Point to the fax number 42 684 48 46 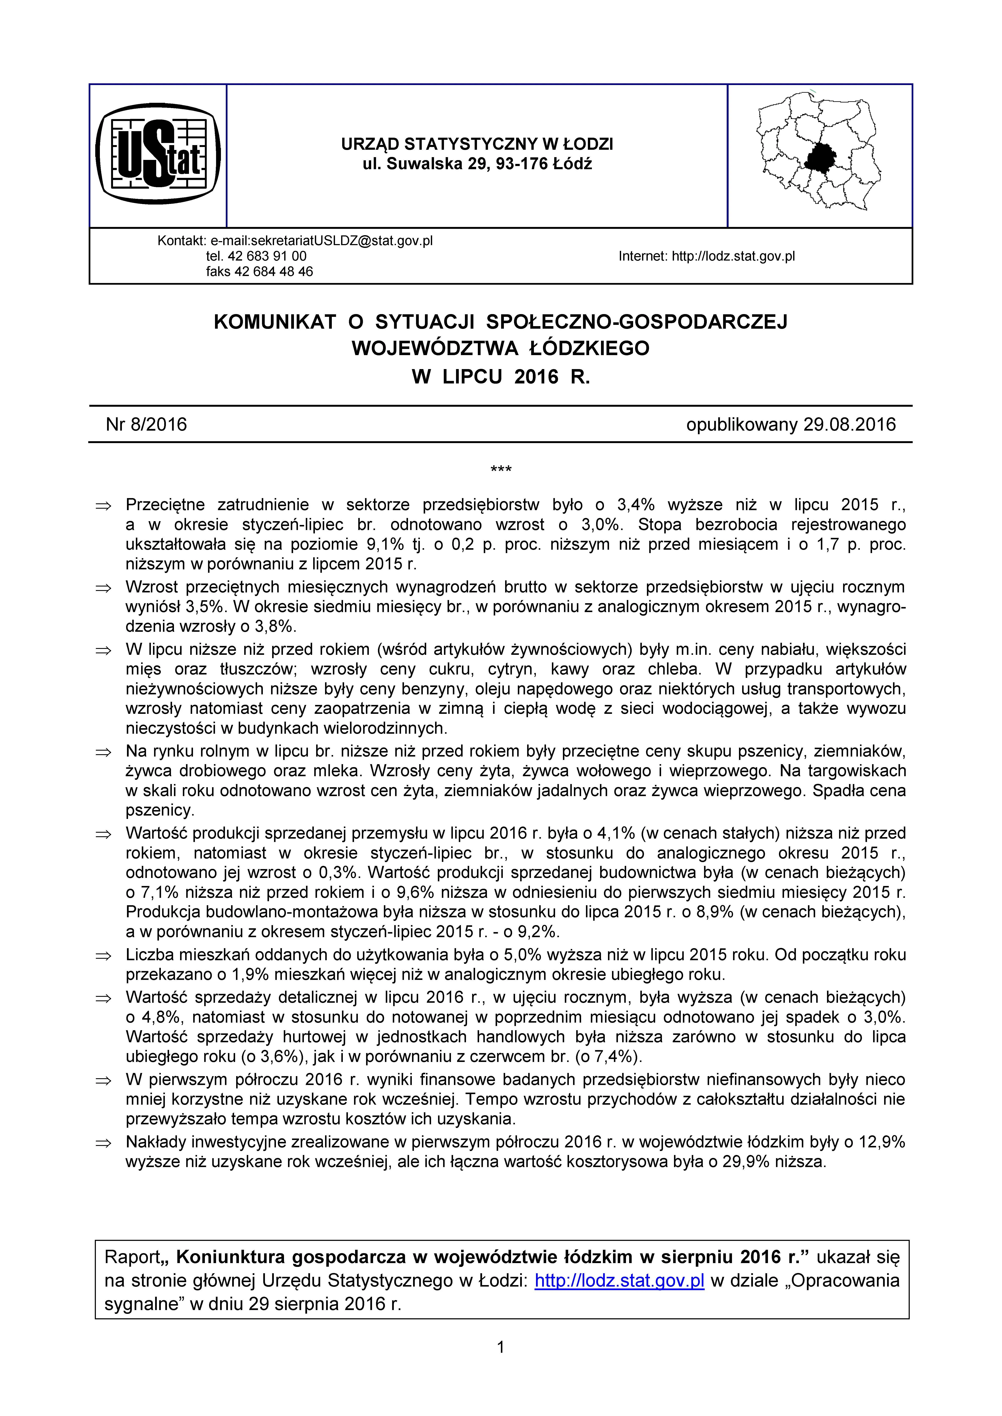click(274, 271)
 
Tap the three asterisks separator click(500, 470)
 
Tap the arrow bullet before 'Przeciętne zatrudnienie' click(103, 506)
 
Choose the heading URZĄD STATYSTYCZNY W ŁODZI click(477, 144)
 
